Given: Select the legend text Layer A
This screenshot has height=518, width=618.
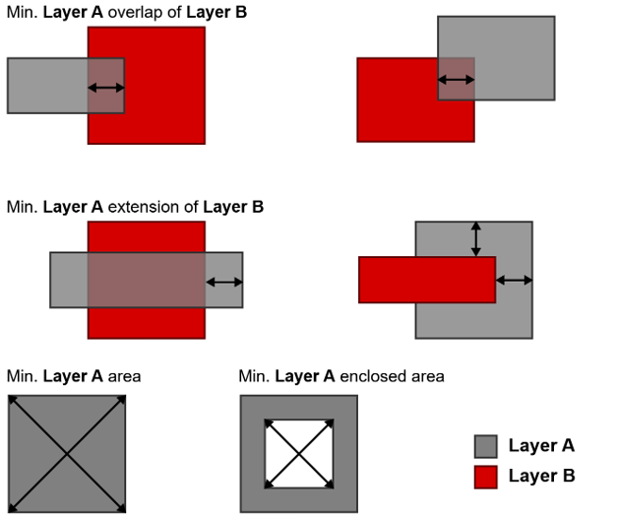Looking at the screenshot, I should pos(541,446).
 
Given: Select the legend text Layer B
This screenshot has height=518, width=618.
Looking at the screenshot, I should pos(541,477).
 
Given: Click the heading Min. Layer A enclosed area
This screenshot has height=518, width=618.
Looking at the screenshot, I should pos(341,376).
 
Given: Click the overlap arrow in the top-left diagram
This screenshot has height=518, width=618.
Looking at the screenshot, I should pos(106,88).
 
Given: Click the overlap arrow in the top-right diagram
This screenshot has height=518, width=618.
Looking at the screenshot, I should pos(456,79).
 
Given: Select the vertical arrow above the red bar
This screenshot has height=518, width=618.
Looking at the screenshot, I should pos(475,239).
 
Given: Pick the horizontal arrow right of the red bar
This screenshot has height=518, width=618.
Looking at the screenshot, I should pos(514,281).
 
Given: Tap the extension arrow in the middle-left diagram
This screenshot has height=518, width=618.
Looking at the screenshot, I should pos(223,283).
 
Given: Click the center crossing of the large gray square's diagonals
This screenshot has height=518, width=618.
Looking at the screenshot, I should pos(66,454).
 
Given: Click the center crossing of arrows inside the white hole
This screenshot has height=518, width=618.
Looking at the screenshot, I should pos(298,454).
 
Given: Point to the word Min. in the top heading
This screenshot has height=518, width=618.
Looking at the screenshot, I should pos(22,13).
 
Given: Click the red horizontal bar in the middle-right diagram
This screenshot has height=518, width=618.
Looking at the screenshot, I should pos(426,280).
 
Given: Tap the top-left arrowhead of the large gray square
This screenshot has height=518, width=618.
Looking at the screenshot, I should pos(12,400).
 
